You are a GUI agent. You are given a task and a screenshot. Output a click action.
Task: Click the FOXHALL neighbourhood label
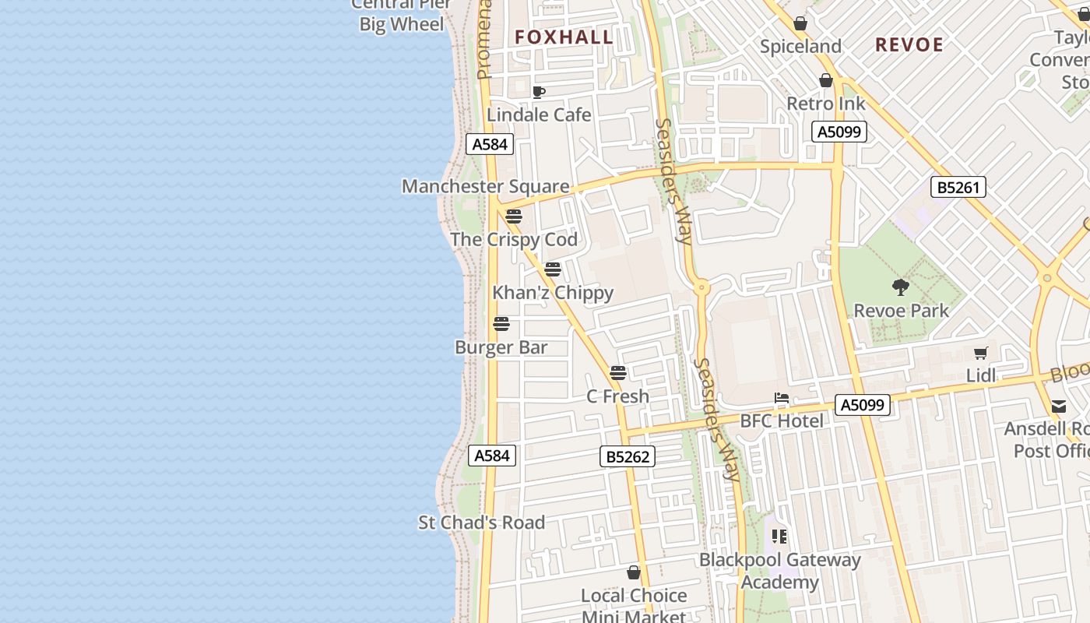tap(564, 37)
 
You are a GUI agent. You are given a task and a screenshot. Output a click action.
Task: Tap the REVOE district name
tap(909, 44)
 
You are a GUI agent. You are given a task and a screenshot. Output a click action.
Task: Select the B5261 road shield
tap(958, 187)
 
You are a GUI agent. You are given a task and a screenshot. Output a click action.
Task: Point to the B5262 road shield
tap(628, 456)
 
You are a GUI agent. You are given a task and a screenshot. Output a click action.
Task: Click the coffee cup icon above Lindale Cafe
tap(538, 93)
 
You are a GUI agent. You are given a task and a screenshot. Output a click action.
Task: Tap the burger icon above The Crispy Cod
tap(513, 216)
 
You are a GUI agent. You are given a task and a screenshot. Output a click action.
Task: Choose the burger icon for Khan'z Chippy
tap(553, 269)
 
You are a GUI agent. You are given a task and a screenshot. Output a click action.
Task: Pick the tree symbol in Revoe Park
tap(901, 287)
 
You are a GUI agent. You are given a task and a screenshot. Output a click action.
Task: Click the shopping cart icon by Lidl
tap(981, 353)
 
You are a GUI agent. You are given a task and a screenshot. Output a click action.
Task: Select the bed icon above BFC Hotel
tap(782, 399)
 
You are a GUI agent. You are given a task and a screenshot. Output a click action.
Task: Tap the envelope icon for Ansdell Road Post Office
tap(1059, 407)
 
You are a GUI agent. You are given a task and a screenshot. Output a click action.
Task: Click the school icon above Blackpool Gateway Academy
tap(779, 537)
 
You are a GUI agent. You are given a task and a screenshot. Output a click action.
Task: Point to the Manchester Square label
tap(485, 186)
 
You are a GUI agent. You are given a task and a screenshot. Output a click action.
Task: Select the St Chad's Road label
tap(481, 523)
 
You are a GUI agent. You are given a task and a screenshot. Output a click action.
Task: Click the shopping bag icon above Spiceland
tap(800, 23)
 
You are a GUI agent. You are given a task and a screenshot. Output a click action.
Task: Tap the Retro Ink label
tap(825, 104)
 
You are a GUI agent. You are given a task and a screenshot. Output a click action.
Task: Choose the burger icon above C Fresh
tap(618, 373)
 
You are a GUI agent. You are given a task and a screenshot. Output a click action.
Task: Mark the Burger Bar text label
tap(501, 347)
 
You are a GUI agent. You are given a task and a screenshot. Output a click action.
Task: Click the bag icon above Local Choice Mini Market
tap(634, 572)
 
